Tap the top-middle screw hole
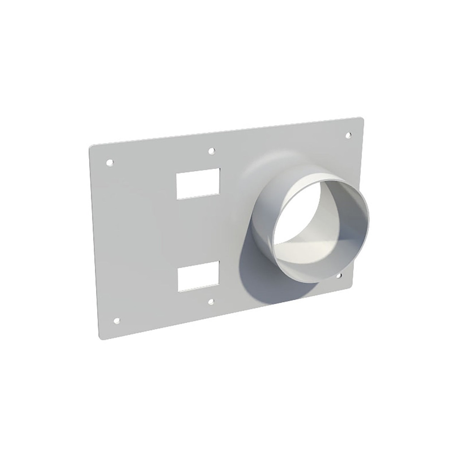click(211, 151)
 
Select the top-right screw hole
click(349, 135)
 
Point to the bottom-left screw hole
click(117, 320)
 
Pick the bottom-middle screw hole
click(211, 302)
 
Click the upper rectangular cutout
click(198, 184)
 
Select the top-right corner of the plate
click(361, 119)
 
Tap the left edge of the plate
click(94, 242)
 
